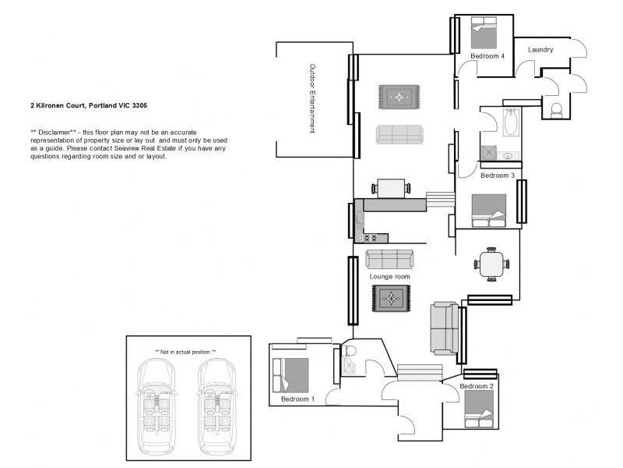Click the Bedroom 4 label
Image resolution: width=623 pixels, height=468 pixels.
(x=487, y=57)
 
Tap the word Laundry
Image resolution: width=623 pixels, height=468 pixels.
(x=540, y=50)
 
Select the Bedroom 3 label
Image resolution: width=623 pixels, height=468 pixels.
(x=497, y=176)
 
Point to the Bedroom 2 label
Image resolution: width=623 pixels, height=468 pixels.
(x=477, y=386)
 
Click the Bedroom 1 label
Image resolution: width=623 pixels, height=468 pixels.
(x=297, y=399)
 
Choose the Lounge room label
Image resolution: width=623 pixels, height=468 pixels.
(x=389, y=276)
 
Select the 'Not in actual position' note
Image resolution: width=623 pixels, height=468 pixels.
(x=185, y=352)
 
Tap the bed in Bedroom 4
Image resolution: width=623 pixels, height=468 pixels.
(x=485, y=34)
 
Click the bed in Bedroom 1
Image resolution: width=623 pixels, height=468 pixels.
(x=290, y=375)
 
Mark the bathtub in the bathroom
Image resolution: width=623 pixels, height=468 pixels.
(x=512, y=122)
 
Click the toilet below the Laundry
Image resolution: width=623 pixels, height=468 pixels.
(x=556, y=112)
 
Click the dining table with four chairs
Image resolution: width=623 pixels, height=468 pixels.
(x=491, y=263)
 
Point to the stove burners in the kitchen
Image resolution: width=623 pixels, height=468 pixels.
(x=370, y=237)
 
